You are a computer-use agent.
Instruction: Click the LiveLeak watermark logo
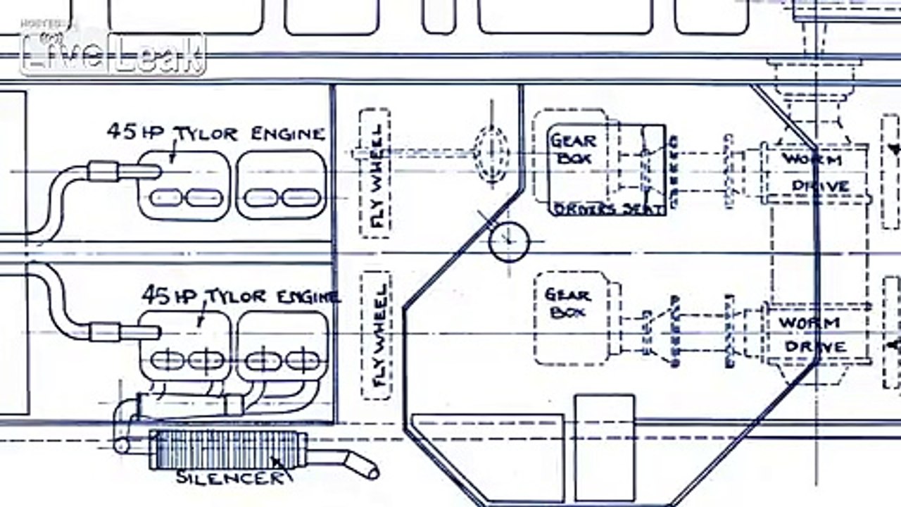pyautogui.click(x=113, y=53)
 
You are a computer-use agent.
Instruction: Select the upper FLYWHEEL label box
pyautogui.click(x=375, y=173)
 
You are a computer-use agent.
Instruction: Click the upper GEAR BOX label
pyautogui.click(x=573, y=149)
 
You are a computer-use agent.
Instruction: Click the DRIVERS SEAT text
pyautogui.click(x=608, y=209)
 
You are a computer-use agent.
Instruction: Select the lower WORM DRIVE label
pyautogui.click(x=812, y=335)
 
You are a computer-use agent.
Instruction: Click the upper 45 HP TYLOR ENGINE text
pyautogui.click(x=215, y=132)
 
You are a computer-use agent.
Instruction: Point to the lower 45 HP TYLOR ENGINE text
pyautogui.click(x=240, y=296)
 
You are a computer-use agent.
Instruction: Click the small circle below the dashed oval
pyautogui.click(x=509, y=242)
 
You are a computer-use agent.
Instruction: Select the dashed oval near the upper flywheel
pyautogui.click(x=491, y=149)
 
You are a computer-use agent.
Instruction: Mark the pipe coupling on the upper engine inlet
pyautogui.click(x=103, y=171)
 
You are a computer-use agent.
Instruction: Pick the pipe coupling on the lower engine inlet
pyautogui.click(x=106, y=332)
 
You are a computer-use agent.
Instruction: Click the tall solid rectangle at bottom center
pyautogui.click(x=605, y=447)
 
